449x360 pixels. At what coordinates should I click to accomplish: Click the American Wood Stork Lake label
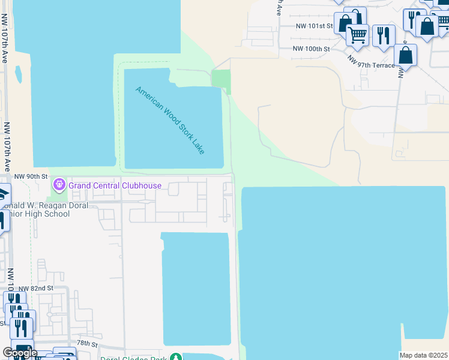pos(170,120)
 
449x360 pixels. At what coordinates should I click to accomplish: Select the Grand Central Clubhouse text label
pos(115,185)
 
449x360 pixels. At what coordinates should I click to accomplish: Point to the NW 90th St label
pos(31,176)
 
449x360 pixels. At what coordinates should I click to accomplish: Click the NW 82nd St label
pos(36,288)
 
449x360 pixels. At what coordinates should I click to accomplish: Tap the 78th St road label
pos(86,343)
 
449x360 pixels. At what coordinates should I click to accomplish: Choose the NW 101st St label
pos(314,26)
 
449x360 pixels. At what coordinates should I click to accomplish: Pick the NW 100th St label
pos(311,48)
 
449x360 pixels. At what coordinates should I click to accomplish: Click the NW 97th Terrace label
pos(372,61)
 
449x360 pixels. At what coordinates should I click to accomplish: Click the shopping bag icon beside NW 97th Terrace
pos(406,55)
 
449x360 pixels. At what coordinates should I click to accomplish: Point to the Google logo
pos(20,353)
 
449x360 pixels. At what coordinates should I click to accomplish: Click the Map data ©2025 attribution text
pos(424,355)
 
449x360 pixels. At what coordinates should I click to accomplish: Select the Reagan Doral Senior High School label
pos(45,209)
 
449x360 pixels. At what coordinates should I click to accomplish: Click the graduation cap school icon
pos(4,195)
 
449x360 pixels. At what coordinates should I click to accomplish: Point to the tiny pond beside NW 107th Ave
pos(19,74)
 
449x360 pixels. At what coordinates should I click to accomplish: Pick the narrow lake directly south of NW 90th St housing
pos(196,288)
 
